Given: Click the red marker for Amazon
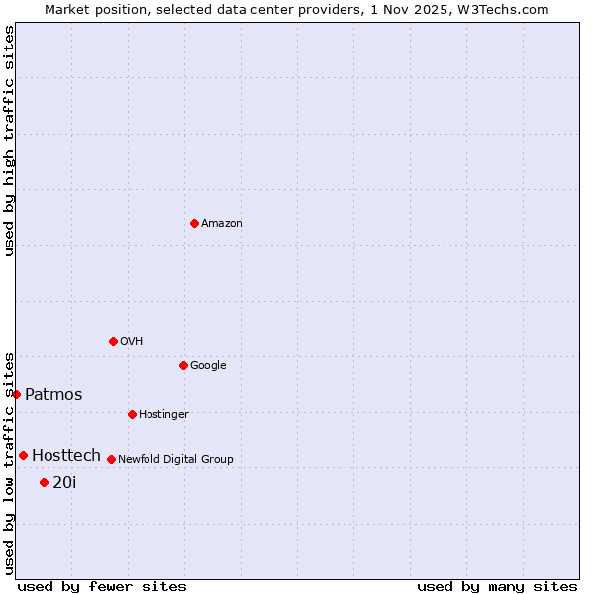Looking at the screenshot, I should click(x=194, y=223).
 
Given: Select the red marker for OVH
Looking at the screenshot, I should click(x=113, y=341).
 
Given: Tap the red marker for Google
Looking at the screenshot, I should click(x=183, y=365).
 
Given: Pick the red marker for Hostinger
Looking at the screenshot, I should click(x=132, y=414).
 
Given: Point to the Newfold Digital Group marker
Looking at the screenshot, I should click(x=111, y=459).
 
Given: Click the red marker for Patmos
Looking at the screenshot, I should click(x=16, y=394).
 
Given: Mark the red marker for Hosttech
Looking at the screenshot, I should click(x=23, y=455).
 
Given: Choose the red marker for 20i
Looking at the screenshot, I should click(x=44, y=482).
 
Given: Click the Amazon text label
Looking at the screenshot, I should click(x=222, y=223).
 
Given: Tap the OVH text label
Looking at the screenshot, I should click(x=132, y=341).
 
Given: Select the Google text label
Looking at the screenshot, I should click(x=208, y=365).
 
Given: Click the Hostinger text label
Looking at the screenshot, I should click(x=163, y=414).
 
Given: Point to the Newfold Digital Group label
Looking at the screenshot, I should click(x=175, y=459).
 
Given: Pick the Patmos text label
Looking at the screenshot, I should click(x=53, y=394).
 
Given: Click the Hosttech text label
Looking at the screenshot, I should click(x=66, y=455).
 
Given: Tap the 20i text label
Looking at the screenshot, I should click(x=64, y=482).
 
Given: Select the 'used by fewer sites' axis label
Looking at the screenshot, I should click(x=102, y=586).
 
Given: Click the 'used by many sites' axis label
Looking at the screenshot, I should click(x=497, y=586).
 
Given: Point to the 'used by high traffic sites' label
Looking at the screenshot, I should click(x=9, y=141).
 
